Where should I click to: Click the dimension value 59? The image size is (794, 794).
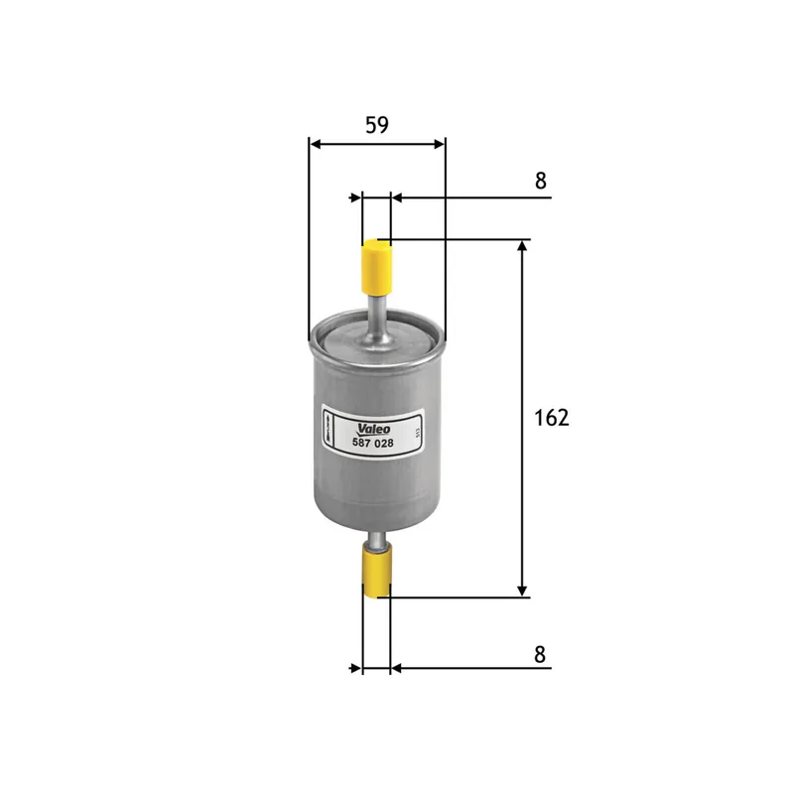(x=376, y=125)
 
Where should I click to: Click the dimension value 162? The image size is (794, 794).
(x=551, y=418)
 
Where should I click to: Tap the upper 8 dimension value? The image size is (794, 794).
(x=540, y=181)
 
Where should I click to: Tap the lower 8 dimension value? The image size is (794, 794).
(x=540, y=654)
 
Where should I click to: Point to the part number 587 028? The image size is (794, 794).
(x=374, y=442)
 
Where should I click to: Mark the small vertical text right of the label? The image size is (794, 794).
(x=419, y=433)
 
